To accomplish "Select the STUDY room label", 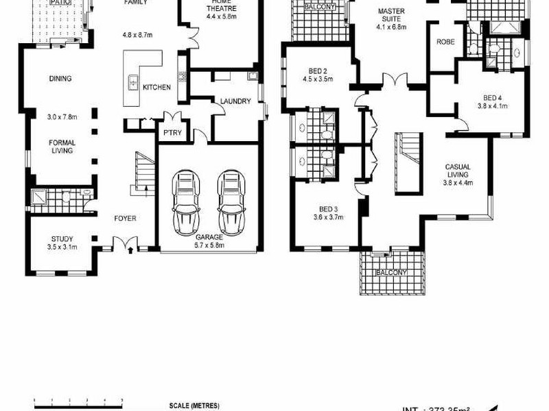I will pos(60,239).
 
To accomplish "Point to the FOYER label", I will pos(126,219).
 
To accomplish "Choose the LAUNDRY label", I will pos(234,101).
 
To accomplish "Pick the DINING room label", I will pos(60,79).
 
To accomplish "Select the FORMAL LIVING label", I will pos(62,147).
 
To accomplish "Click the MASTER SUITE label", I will pos(393,16).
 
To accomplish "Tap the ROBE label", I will pos(444,42).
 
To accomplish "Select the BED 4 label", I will pos(492,97).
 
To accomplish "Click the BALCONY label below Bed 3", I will pos(390,272).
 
